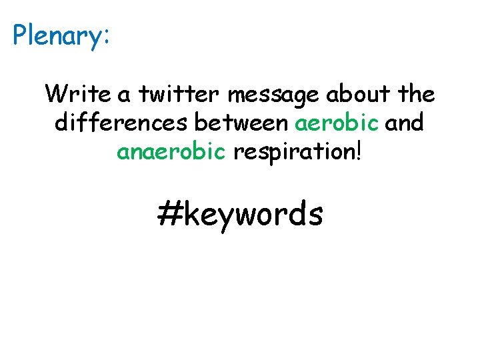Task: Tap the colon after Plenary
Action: coord(105,38)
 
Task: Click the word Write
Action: coord(73,95)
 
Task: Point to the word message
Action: coord(274,96)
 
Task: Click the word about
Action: coord(360,95)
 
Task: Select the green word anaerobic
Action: coord(171,152)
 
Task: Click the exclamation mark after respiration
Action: coord(360,152)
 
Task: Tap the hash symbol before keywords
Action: coord(169,215)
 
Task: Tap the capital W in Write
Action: coord(55,95)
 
